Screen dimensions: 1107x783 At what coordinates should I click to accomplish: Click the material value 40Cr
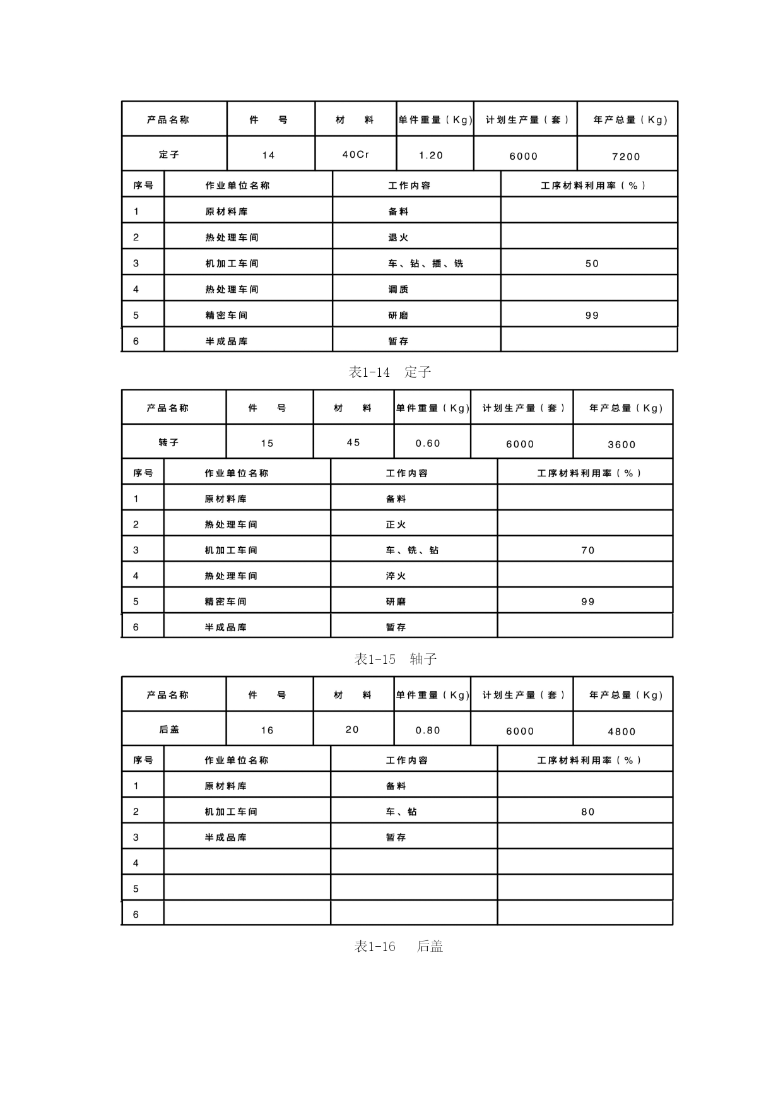tap(356, 155)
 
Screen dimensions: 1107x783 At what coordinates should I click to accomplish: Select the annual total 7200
tap(626, 157)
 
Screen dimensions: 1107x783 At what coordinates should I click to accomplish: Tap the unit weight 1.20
tap(432, 155)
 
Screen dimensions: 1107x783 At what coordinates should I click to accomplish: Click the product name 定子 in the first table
tap(169, 155)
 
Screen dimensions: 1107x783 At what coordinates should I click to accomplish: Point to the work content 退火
tap(398, 237)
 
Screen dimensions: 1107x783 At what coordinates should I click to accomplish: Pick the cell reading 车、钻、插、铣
tap(425, 263)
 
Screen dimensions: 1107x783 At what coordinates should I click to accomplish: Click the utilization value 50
tap(592, 263)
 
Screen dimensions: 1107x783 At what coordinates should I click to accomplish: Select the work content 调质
tap(398, 289)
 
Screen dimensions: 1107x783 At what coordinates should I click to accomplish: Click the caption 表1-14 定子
tap(390, 372)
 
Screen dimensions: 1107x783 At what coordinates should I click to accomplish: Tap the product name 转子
tap(169, 442)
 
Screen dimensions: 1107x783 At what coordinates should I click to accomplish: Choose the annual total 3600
tap(621, 444)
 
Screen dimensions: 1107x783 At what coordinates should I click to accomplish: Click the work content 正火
tap(396, 524)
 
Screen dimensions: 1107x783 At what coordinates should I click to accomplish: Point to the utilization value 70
tap(588, 550)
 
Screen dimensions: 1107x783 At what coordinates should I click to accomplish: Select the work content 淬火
tap(396, 576)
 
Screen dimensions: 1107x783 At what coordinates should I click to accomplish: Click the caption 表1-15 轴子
tap(396, 659)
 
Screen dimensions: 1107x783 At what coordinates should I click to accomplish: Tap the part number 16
tap(268, 730)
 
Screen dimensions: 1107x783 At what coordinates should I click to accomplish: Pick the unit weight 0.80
tap(428, 730)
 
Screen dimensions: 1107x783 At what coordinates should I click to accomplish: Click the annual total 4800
tap(621, 731)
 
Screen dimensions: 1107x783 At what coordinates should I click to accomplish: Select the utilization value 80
tap(588, 812)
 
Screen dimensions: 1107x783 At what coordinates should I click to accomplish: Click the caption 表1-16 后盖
tap(398, 946)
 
